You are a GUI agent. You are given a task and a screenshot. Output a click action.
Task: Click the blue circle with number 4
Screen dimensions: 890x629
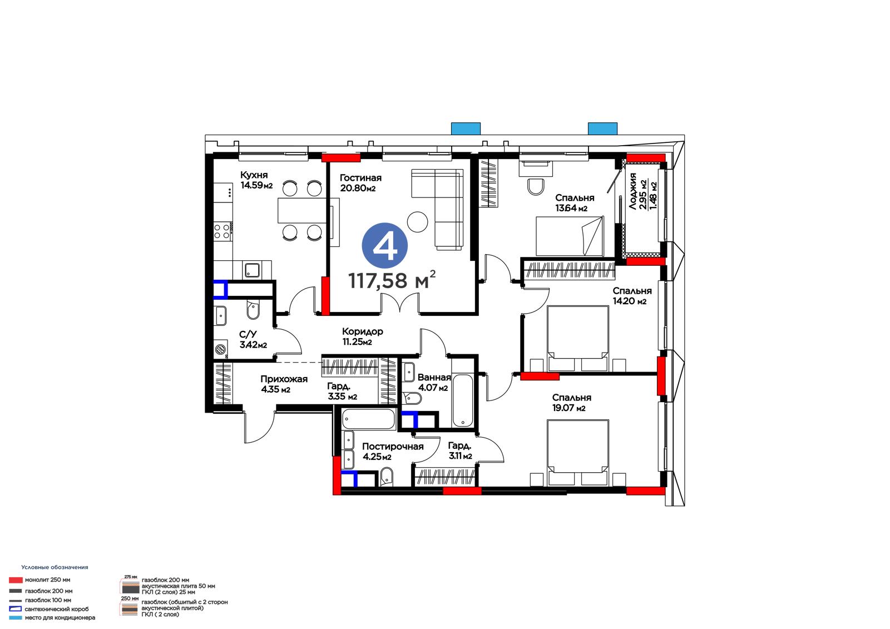click(x=384, y=246)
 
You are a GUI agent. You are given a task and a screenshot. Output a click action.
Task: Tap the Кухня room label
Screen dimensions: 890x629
click(x=254, y=175)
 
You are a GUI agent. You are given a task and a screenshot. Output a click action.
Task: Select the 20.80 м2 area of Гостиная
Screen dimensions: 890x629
click(x=358, y=189)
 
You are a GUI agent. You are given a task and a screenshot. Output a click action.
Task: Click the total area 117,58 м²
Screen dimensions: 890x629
click(x=392, y=280)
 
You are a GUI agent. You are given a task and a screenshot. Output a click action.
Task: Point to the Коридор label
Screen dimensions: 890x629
click(x=362, y=331)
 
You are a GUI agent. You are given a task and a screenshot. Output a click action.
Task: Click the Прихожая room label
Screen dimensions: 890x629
click(x=284, y=379)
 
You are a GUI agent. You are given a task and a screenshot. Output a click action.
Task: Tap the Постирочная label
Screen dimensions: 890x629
click(x=393, y=447)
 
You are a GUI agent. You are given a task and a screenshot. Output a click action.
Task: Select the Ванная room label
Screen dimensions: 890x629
click(x=434, y=378)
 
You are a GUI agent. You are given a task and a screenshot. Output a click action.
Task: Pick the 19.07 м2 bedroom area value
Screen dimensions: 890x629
click(x=568, y=408)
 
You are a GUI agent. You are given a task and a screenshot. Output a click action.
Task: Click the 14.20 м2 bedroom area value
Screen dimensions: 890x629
click(x=629, y=301)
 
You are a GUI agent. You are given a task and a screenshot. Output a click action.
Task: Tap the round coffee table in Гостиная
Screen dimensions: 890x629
click(x=417, y=221)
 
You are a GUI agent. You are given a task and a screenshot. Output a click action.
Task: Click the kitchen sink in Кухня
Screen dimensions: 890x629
click(x=251, y=270)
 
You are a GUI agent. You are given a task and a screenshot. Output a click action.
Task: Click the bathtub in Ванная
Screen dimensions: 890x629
click(x=462, y=400)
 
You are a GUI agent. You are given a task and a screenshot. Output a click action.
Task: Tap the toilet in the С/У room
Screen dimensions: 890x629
click(x=253, y=310)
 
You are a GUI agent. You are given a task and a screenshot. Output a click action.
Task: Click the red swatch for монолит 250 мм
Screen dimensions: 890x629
click(x=16, y=580)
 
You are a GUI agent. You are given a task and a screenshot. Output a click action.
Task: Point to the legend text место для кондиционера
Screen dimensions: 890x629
click(x=60, y=617)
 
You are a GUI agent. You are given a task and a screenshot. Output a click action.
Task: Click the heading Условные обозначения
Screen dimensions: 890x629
click(x=55, y=567)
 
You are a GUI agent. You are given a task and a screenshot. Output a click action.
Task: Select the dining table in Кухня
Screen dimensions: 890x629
click(x=301, y=211)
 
